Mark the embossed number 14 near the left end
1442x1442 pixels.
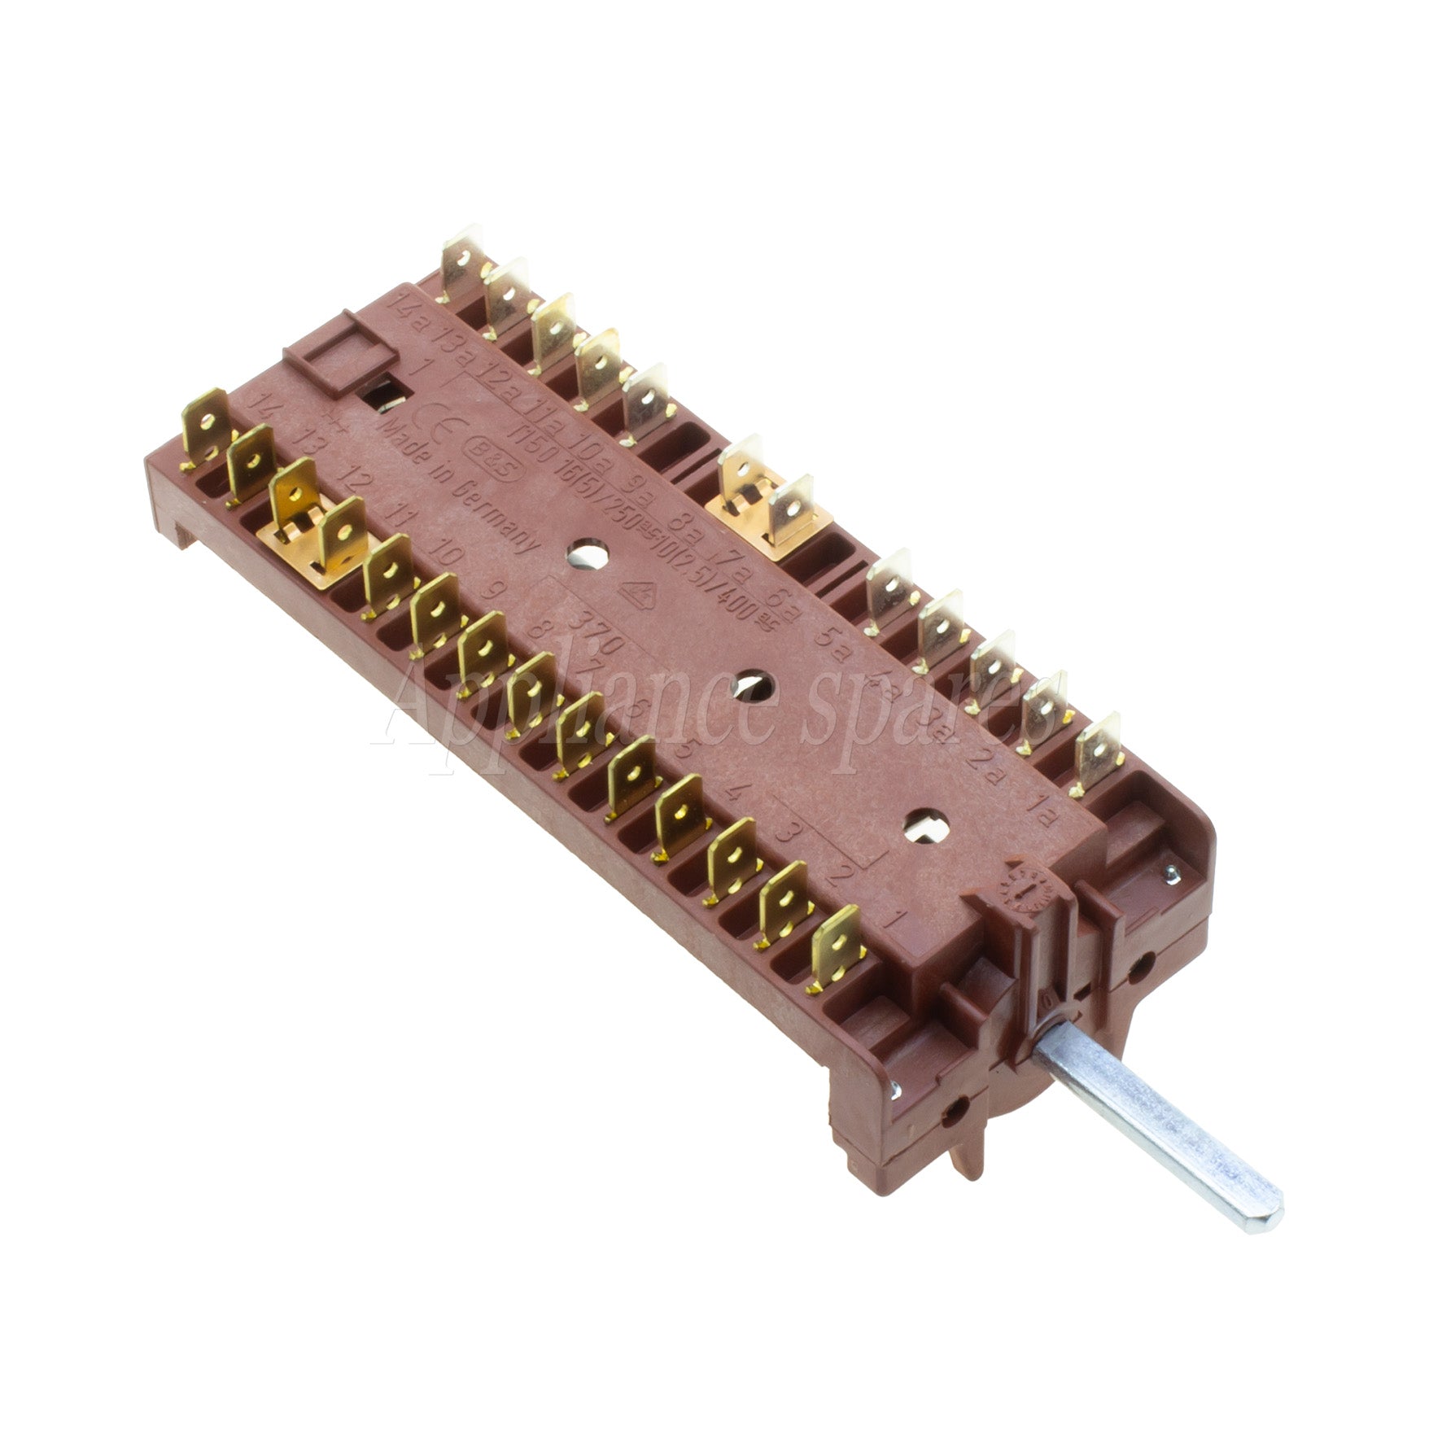[264, 404]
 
